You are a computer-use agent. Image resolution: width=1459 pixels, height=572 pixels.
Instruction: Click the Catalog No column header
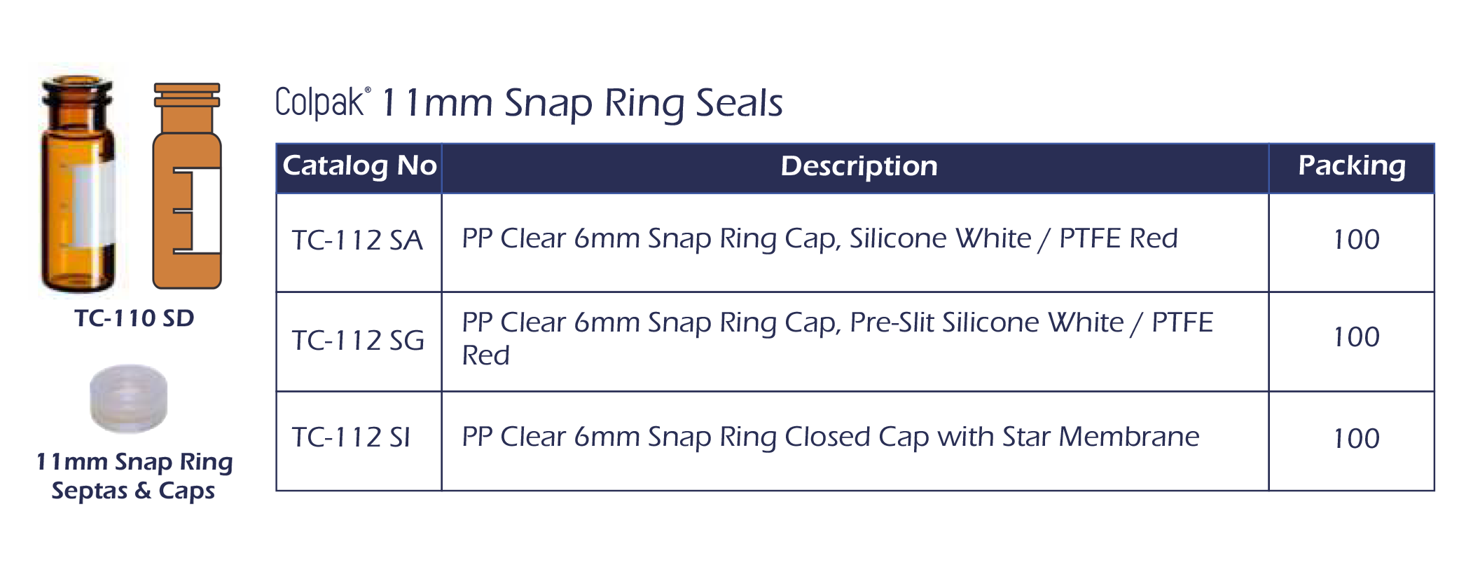(x=359, y=166)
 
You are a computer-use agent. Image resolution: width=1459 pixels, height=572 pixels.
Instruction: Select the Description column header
(x=859, y=166)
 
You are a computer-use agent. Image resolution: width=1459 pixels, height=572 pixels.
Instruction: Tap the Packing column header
(x=1352, y=166)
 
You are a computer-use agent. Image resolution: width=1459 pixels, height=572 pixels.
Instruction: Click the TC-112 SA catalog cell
(x=357, y=240)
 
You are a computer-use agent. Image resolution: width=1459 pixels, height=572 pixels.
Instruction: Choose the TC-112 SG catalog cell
(x=358, y=341)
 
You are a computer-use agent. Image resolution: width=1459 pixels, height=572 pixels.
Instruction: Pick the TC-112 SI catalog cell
(x=351, y=438)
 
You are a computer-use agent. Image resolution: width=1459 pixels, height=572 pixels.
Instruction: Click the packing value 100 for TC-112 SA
(x=1356, y=240)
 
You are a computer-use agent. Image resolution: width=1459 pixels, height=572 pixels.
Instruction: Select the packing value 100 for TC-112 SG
(x=1356, y=337)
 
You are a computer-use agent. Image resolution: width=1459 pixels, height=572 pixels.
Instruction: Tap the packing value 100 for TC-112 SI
(x=1356, y=439)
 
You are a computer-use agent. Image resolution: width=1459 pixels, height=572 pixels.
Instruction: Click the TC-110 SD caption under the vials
(x=134, y=318)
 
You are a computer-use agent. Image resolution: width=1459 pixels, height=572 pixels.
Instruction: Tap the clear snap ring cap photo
(x=129, y=398)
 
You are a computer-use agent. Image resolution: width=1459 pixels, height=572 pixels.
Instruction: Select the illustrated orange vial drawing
(x=187, y=186)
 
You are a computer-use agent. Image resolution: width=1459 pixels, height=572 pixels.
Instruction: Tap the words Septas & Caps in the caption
(x=133, y=491)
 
